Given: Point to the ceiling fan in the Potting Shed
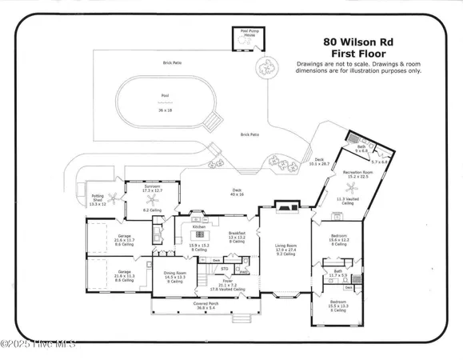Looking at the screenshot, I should [x=114, y=196].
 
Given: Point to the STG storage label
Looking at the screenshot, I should [x=226, y=268].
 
